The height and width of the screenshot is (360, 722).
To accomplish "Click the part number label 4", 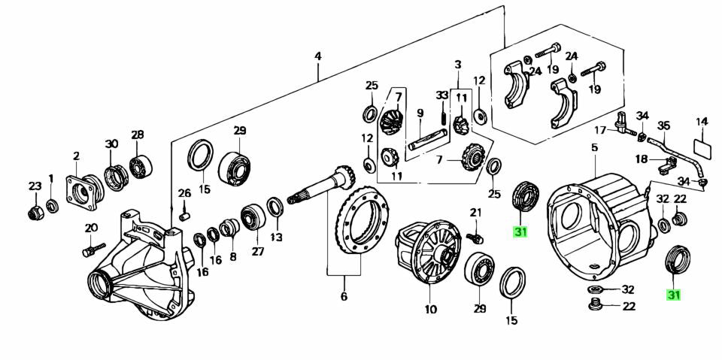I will point(318,56).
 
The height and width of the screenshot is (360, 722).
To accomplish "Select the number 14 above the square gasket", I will point(702,121).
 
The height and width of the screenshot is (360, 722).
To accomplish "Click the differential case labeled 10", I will point(427,251).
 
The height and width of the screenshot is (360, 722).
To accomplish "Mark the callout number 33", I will point(441,95).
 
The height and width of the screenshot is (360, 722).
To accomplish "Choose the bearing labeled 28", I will point(140,165).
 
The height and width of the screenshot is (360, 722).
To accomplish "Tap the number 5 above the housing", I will point(594,148).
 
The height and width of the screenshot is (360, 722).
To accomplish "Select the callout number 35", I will point(663,126).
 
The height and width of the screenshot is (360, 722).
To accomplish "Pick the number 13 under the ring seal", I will point(276,238).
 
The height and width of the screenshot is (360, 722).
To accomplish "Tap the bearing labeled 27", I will point(250,218).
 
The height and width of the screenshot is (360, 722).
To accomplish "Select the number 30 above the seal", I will point(111,144).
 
